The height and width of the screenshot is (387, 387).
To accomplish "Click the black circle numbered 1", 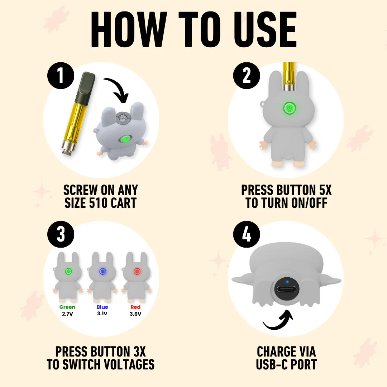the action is [x=61, y=76].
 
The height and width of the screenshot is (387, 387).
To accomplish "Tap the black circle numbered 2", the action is [x=247, y=76].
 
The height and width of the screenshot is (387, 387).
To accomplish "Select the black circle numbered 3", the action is [x=61, y=234].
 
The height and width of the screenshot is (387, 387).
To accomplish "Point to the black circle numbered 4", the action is [x=247, y=234].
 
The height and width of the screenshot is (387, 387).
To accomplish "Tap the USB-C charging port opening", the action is [x=287, y=289].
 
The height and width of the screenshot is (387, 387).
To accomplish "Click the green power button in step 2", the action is [x=290, y=108].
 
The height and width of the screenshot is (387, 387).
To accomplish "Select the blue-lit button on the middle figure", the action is [x=102, y=272].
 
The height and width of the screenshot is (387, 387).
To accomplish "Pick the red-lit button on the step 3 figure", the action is [x=137, y=272].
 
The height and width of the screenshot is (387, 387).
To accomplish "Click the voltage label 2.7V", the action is [x=67, y=314].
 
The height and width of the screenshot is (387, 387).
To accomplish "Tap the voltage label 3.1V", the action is [x=102, y=314].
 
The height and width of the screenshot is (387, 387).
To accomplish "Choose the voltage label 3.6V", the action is [x=135, y=314].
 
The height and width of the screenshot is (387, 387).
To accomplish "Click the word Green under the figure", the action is [x=67, y=307].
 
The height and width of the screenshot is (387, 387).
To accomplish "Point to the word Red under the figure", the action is [x=135, y=307].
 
